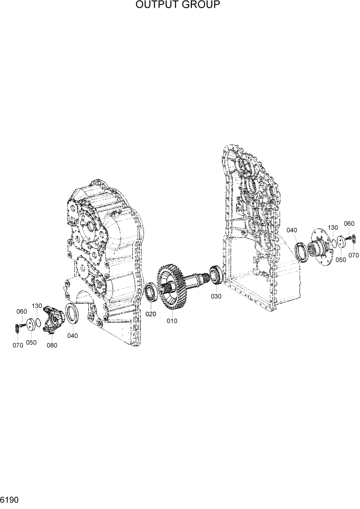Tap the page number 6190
point(10,499)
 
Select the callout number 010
point(171,321)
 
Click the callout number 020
point(150,314)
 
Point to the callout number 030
point(215,296)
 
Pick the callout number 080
point(51,345)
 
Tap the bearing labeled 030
point(215,274)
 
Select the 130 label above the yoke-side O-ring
point(37,306)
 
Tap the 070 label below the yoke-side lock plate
point(18,345)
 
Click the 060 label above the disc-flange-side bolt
point(349,223)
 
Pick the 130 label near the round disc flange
point(333,227)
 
